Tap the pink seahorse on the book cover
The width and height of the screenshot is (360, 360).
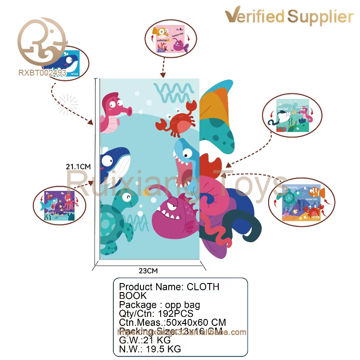click(112, 112)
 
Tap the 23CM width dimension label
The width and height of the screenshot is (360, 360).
click(148, 271)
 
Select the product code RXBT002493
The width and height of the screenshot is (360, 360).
click(43, 72)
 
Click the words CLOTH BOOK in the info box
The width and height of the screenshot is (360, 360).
click(171, 291)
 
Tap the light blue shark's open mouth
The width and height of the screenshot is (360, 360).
click(185, 169)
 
